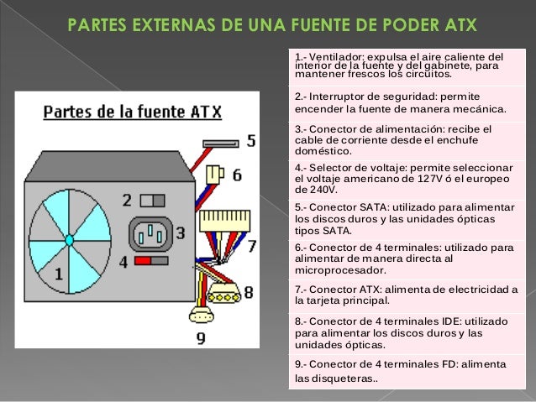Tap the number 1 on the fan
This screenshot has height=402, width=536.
[58, 274]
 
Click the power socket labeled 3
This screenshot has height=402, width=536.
[150, 232]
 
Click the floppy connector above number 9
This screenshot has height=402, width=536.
[202, 315]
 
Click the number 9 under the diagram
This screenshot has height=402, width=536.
[200, 337]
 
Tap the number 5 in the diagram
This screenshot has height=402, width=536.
[251, 141]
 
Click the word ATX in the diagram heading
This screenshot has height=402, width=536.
[205, 110]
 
